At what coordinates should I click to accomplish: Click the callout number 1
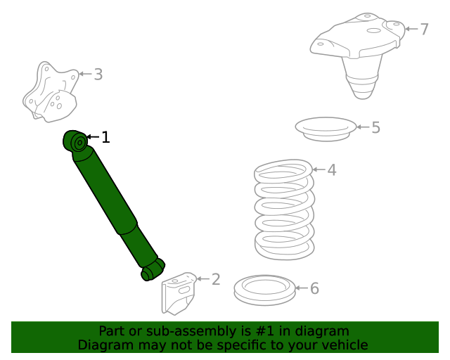click(105, 137)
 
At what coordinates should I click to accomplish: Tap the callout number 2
click(216, 280)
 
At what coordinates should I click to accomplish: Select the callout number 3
click(98, 74)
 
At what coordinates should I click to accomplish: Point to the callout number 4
click(332, 169)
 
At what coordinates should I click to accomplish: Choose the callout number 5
click(375, 127)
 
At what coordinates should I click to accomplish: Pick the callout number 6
click(314, 288)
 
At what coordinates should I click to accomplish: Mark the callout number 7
click(424, 29)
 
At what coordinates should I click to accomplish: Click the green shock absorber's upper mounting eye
click(78, 143)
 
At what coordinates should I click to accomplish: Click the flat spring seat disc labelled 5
click(325, 129)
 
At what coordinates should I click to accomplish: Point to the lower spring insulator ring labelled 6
click(264, 290)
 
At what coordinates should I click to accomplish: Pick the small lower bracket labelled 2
click(179, 292)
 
